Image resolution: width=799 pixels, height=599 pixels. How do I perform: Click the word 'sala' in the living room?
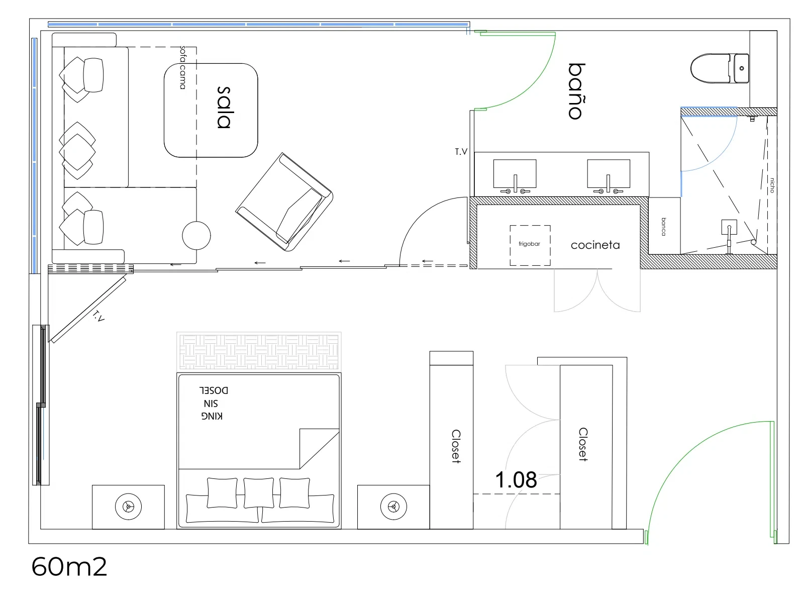(224, 108)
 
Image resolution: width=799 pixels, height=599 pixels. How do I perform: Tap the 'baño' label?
(577, 91)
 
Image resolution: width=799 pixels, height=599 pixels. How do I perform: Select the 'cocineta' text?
(595, 245)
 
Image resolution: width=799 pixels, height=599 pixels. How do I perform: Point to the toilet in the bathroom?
(720, 68)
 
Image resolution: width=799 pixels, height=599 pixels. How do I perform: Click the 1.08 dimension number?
(516, 479)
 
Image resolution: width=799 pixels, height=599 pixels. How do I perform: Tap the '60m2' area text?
(69, 567)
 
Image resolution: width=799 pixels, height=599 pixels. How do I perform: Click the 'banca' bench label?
(664, 227)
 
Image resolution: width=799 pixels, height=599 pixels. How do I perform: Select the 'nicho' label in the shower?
(772, 185)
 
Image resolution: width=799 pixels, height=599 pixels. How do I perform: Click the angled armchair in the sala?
(284, 202)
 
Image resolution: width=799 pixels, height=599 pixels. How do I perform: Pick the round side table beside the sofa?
(196, 236)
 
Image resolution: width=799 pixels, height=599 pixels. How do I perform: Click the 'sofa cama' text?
(182, 67)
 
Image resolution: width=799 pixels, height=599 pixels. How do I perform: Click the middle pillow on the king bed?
(258, 493)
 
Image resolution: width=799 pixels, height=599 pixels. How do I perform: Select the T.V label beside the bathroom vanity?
(461, 152)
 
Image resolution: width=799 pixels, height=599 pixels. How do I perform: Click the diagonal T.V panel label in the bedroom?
(98, 316)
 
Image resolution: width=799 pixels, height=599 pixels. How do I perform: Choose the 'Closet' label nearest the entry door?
(583, 444)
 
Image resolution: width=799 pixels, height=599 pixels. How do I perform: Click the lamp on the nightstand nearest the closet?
(393, 506)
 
